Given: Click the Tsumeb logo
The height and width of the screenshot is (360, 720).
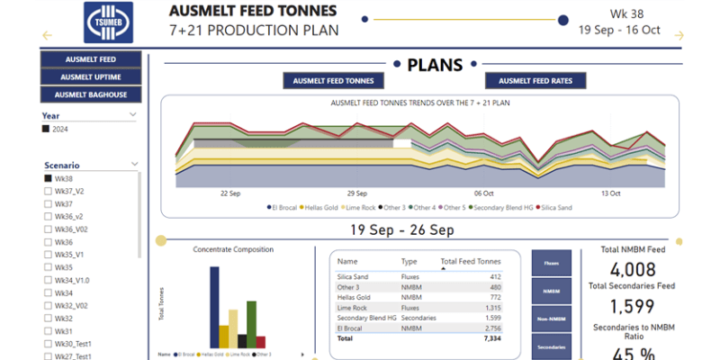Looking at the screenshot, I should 108,22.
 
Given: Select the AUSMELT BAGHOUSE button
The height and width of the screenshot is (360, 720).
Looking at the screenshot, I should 91,94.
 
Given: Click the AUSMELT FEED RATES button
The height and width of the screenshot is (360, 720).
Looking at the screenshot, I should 542,81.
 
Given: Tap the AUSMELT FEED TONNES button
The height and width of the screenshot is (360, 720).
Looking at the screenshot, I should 334,81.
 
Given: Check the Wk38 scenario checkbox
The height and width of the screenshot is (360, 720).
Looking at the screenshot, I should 47,178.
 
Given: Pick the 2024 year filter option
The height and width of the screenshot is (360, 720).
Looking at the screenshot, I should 47,130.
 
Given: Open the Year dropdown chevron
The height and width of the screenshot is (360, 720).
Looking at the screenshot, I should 133,115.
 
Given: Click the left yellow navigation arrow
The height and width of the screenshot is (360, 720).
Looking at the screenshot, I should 47,36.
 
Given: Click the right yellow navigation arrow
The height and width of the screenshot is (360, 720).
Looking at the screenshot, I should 679,36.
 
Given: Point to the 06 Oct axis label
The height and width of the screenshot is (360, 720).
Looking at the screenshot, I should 484,193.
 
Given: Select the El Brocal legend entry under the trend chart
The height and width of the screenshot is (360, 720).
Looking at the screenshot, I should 285,207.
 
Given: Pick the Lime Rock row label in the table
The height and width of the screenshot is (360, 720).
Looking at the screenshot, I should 353,308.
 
